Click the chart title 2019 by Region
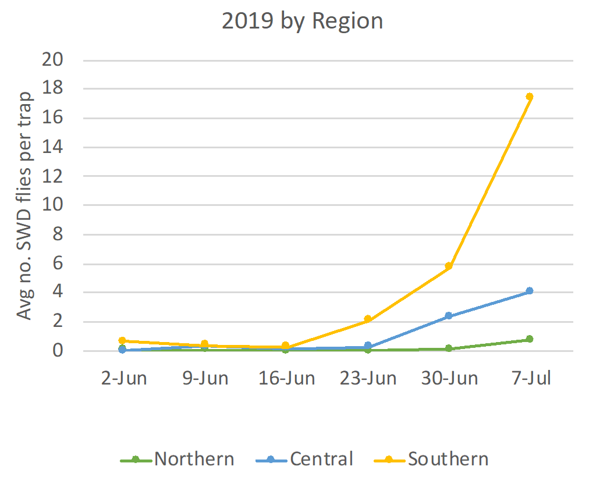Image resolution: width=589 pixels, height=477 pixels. point(302,22)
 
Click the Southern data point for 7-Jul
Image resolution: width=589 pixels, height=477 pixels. point(529,97)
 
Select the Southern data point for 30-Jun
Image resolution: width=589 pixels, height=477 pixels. point(448,266)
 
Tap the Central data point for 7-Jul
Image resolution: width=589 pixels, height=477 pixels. point(529,291)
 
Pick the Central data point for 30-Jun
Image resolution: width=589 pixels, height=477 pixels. point(448,316)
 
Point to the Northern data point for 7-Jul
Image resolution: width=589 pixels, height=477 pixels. point(529,339)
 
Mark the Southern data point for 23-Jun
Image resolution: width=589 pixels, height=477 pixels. point(367,319)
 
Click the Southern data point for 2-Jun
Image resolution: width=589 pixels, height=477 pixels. point(122,340)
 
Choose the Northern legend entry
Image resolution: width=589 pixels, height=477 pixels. point(177,459)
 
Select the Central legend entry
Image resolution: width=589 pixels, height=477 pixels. point(304,459)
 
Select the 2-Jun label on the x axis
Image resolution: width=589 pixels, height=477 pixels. point(123,378)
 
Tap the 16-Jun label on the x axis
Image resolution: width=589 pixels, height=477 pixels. point(286,378)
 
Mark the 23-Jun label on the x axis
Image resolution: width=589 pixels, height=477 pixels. point(367,378)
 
